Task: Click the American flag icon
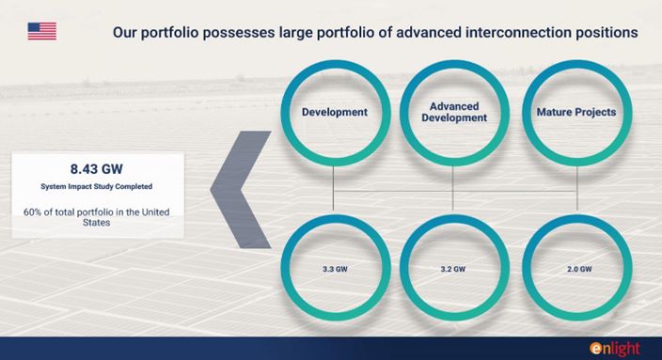coord(41,31)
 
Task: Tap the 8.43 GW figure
coord(96,169)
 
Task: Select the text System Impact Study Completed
coord(96,186)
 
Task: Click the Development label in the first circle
coord(335,112)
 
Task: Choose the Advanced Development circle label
coord(454,112)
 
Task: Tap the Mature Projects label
coord(576,112)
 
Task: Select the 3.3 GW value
coord(335,269)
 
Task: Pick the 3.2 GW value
coord(453,269)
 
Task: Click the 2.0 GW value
coord(579,269)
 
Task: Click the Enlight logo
coord(615,349)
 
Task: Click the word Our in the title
coord(124,32)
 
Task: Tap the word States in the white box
coord(96,223)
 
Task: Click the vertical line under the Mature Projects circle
coord(576,188)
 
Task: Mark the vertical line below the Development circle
coord(333,188)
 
